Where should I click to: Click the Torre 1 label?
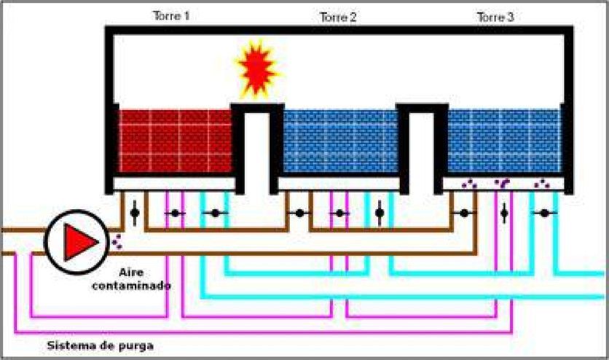171,16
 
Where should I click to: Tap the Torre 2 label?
338,17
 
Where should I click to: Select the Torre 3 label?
495,17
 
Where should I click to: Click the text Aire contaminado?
131,279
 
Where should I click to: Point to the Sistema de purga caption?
101,345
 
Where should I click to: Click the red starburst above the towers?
256,69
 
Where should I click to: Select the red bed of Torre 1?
175,141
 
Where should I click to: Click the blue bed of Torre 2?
341,141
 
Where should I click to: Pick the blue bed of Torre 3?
504,141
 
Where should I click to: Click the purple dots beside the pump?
117,241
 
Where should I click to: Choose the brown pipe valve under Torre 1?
135,213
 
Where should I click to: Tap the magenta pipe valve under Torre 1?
175,214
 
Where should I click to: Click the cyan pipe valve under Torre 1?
215,214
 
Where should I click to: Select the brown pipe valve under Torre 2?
299,214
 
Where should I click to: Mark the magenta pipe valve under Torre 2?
340,214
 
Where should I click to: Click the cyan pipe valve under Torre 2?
380,213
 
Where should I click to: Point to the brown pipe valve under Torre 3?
464,214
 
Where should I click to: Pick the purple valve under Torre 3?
504,214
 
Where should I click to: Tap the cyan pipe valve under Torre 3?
544,214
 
